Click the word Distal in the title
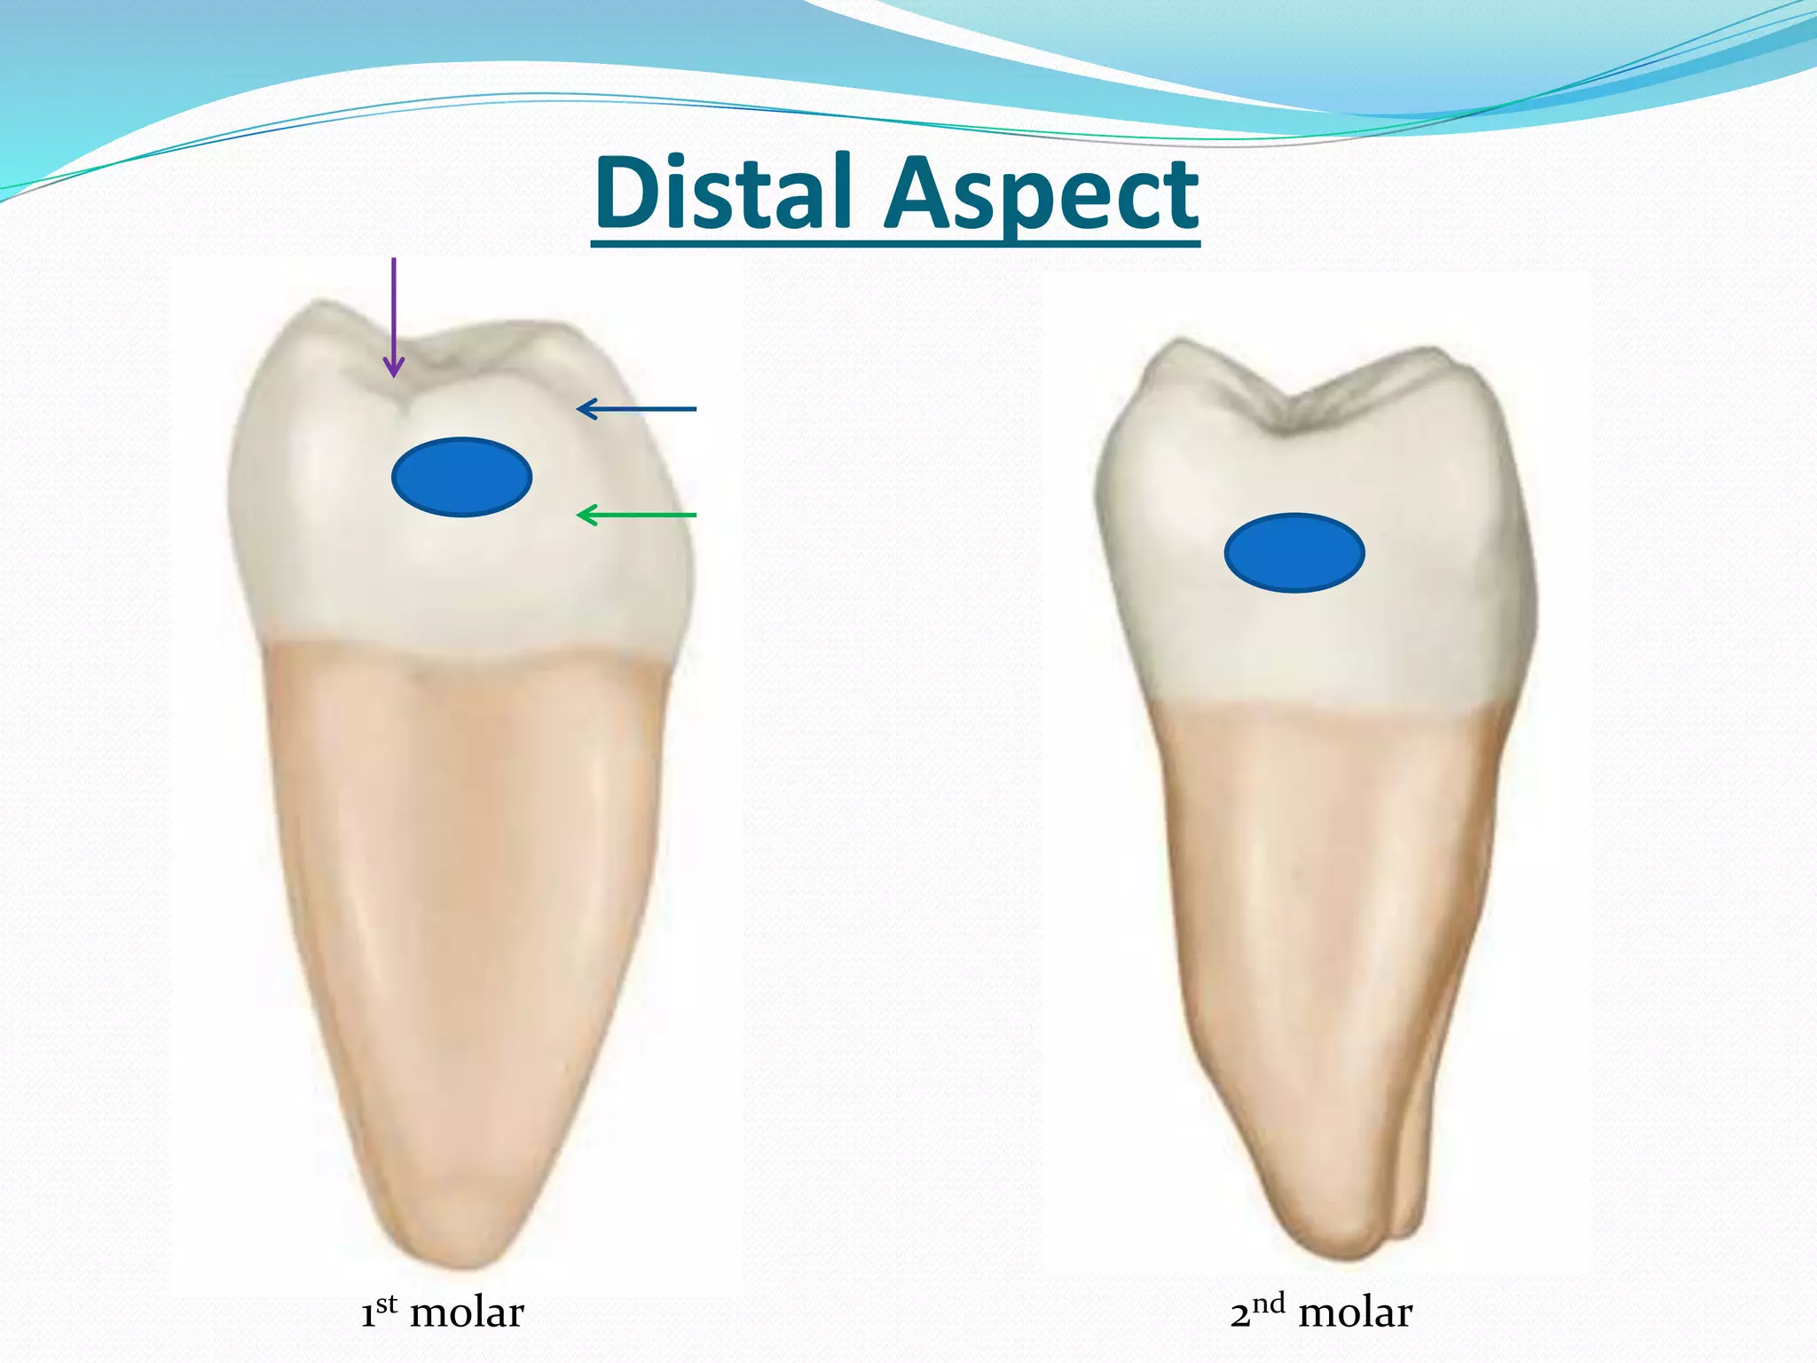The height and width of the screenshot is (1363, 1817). click(x=725, y=193)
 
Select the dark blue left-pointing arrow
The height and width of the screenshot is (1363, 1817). click(x=636, y=409)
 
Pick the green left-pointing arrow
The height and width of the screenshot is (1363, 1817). click(x=636, y=515)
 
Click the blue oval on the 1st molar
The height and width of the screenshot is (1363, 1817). click(x=461, y=477)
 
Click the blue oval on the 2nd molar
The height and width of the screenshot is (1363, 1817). click(x=1294, y=553)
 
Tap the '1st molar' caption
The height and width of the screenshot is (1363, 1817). click(x=442, y=1312)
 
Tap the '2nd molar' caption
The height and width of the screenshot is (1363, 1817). click(x=1320, y=1312)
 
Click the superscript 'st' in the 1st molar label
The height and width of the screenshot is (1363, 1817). click(x=386, y=1303)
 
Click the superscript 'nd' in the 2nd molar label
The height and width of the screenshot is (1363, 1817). click(x=1269, y=1303)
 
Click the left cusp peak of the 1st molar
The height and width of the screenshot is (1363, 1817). click(x=311, y=306)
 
